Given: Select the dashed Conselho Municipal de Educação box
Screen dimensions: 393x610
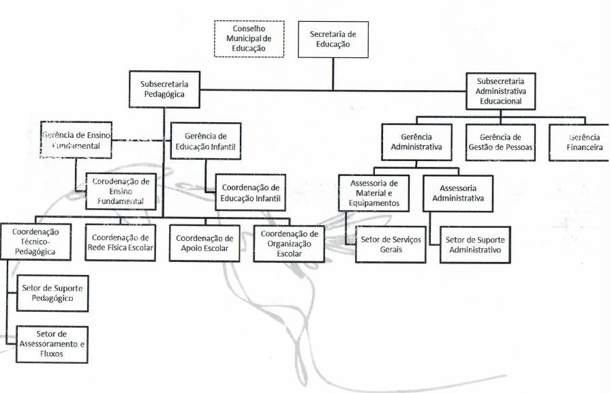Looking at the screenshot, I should [249, 38].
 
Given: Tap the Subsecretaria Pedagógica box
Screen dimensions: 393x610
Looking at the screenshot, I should [164, 89].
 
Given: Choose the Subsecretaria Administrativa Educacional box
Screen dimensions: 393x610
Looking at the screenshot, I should [500, 91].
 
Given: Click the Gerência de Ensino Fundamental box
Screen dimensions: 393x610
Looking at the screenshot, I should [76, 140].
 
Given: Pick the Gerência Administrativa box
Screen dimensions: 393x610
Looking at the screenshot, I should [416, 142].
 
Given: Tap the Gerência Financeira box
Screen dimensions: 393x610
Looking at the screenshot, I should [580, 142].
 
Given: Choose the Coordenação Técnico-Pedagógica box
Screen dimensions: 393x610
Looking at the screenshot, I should [35, 242].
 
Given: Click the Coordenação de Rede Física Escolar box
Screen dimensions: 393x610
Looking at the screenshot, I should [119, 242].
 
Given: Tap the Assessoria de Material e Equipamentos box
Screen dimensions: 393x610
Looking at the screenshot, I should [373, 193].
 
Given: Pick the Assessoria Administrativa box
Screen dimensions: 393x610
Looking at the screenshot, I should [457, 193].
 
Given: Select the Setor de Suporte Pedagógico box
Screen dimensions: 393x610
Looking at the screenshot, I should [52, 293].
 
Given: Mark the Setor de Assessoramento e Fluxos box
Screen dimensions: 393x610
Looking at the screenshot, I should [52, 344].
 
